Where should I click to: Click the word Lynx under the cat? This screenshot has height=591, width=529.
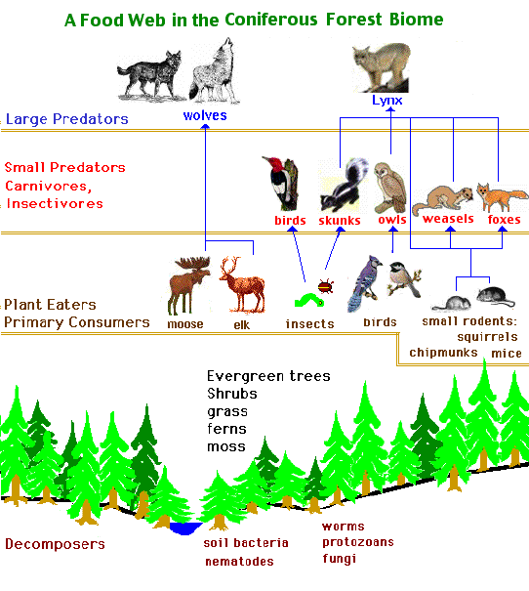[387, 101]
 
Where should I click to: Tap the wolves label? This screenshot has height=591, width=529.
[205, 115]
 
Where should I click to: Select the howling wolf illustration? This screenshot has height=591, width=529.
[214, 71]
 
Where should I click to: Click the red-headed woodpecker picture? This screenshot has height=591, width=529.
[280, 184]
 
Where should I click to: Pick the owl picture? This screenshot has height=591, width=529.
[390, 188]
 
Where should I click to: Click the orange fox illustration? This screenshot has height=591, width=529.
[501, 196]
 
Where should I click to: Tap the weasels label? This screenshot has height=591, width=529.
[448, 219]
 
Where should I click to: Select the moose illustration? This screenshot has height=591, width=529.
[189, 285]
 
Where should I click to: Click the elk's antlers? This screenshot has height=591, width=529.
[230, 266]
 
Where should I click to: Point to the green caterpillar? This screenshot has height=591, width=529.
[308, 301]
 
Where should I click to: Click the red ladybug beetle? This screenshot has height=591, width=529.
[325, 286]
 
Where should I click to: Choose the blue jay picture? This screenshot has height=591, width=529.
[363, 283]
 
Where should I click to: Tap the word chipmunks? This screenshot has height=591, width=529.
[443, 353]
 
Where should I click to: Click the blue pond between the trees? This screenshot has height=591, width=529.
[185, 528]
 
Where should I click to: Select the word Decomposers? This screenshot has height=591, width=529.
[55, 544]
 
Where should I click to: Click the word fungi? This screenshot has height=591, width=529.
[340, 559]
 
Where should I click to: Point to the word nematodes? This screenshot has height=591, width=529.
[239, 562]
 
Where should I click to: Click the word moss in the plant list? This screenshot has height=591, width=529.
[226, 447]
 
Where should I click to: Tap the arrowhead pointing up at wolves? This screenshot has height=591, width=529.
[205, 127]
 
